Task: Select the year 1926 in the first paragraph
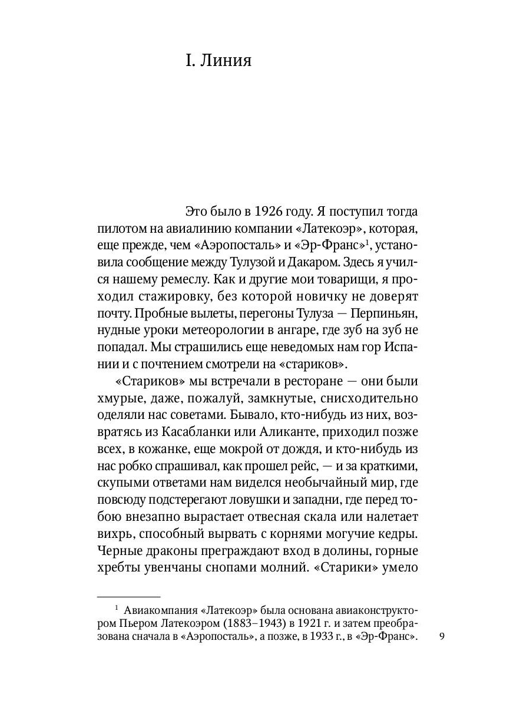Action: pyautogui.click(x=273, y=211)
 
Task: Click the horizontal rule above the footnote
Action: pyautogui.click(x=128, y=597)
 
